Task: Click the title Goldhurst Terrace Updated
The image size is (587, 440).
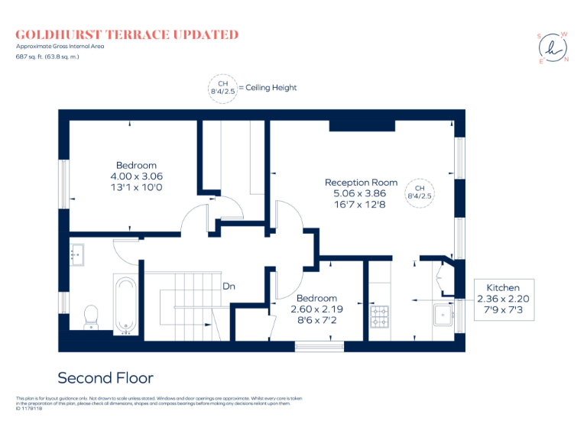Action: pyautogui.click(x=127, y=34)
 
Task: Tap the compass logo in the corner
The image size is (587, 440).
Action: pyautogui.click(x=553, y=48)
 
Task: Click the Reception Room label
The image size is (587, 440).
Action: pyautogui.click(x=361, y=183)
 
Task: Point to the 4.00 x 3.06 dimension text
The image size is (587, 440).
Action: pyautogui.click(x=136, y=176)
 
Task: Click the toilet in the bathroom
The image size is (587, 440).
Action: pyautogui.click(x=90, y=315)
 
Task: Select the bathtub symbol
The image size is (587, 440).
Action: pyautogui.click(x=124, y=304)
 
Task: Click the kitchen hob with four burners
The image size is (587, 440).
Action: pyautogui.click(x=379, y=316)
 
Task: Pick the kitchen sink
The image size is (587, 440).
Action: pyautogui.click(x=443, y=315)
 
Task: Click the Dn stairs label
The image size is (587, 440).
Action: pyautogui.click(x=229, y=286)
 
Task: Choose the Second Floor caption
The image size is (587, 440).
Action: pyautogui.click(x=105, y=378)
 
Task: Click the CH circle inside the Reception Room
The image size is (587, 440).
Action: pyautogui.click(x=419, y=192)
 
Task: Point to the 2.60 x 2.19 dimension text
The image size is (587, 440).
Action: pyautogui.click(x=316, y=309)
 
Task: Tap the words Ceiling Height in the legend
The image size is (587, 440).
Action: pyautogui.click(x=271, y=88)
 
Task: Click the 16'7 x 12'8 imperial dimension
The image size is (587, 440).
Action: pyautogui.click(x=361, y=204)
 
